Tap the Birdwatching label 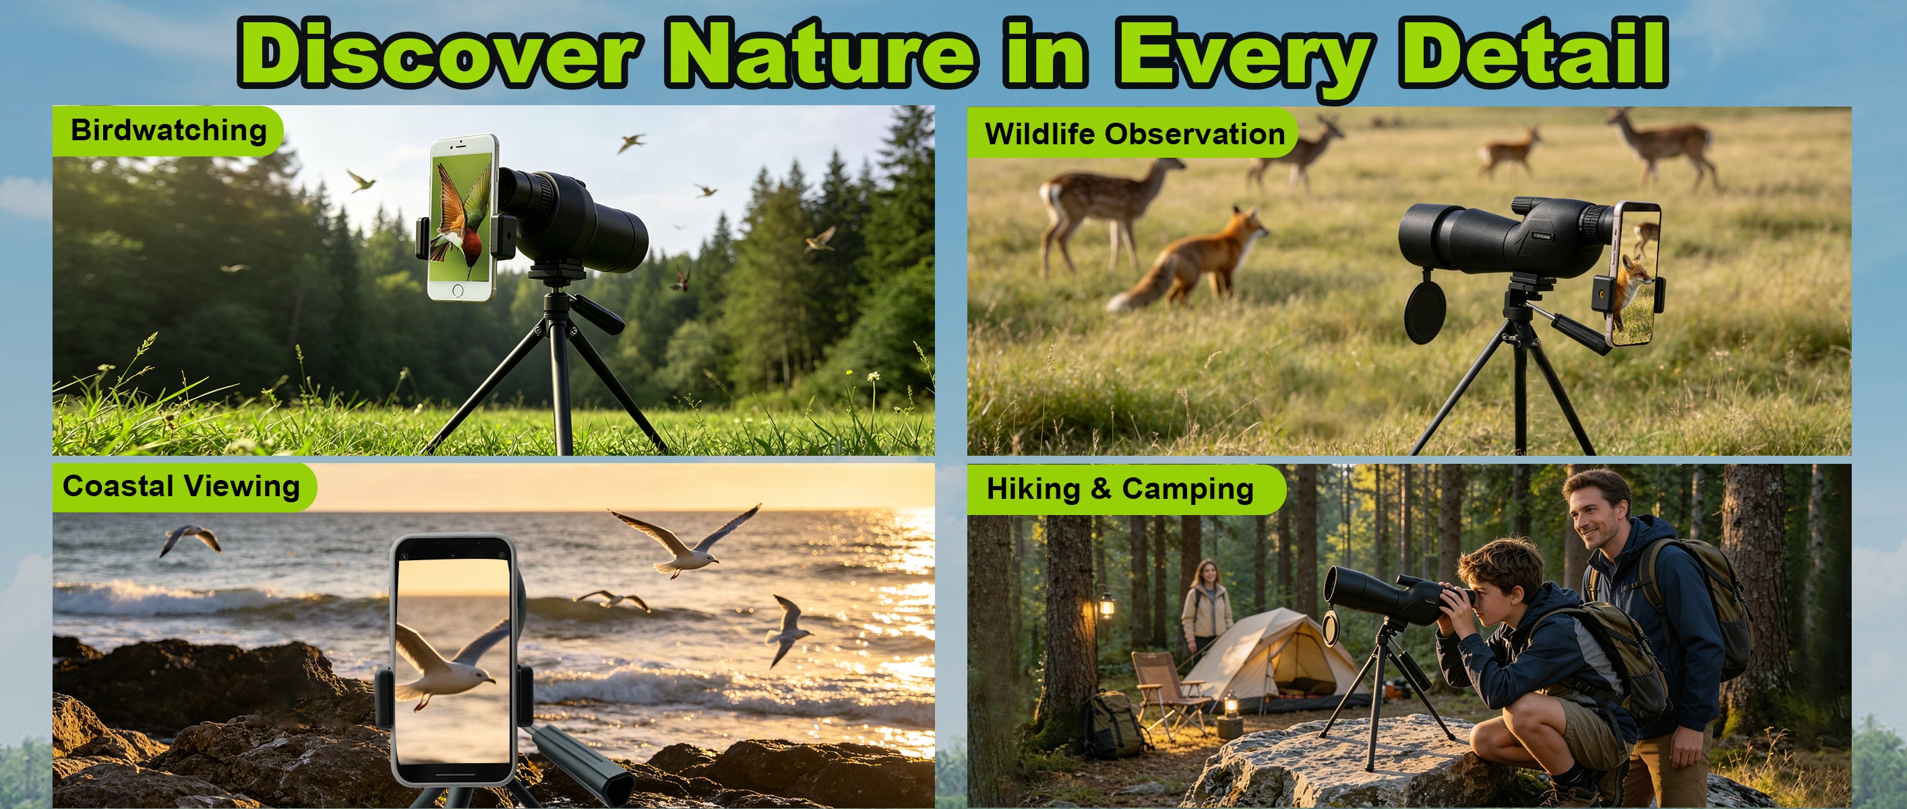(x=169, y=130)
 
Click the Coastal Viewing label (x=181, y=486)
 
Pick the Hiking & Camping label (x=1120, y=489)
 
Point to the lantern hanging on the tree (x=1106, y=603)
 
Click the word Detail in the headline (x=1533, y=53)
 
